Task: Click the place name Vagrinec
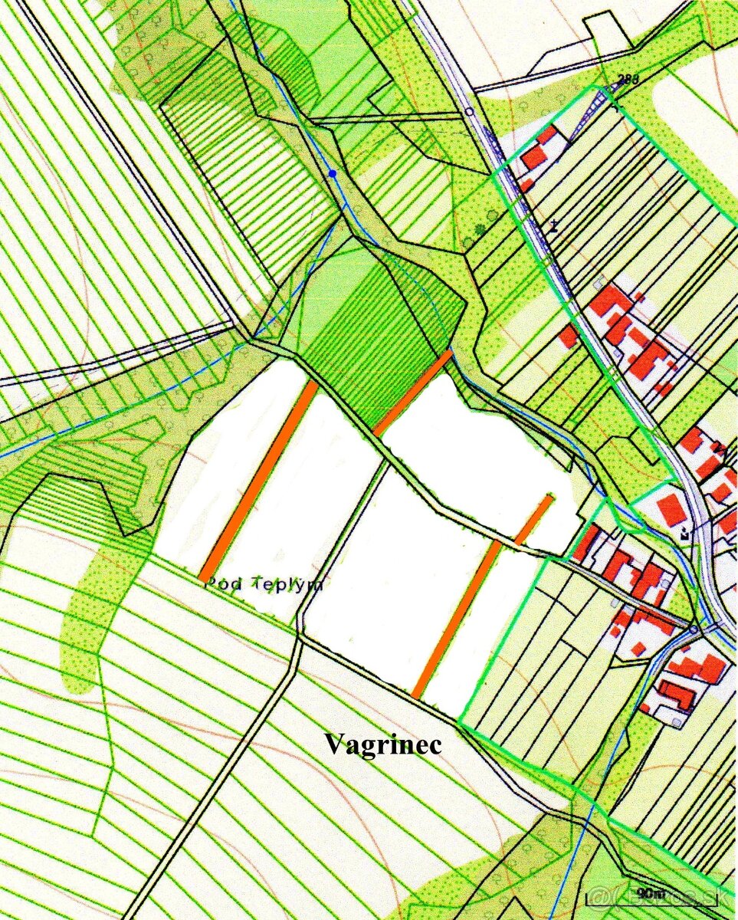pos(382,744)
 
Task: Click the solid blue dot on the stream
pos(333,175)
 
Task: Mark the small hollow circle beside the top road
pos(469,111)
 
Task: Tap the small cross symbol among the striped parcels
pos(553,226)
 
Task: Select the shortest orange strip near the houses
pos(534,520)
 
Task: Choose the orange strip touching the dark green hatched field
pos(412,392)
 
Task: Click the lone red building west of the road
pos(568,336)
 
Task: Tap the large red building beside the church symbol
pos(671,510)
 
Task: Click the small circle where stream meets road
pos(694,629)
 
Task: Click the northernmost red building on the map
pos(546,135)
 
